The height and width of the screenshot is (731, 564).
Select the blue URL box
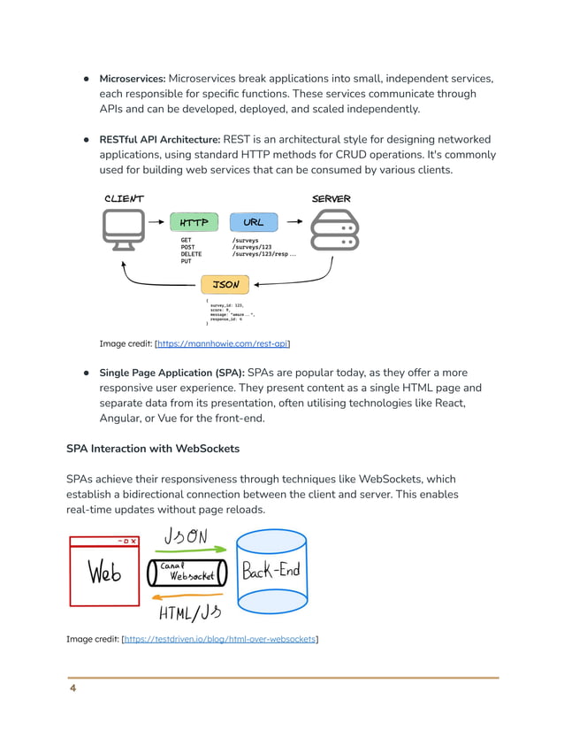coord(254,223)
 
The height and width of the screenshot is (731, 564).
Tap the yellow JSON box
coord(225,285)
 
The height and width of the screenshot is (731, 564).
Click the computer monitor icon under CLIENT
coord(123,228)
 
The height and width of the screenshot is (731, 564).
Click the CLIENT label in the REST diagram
coord(124,199)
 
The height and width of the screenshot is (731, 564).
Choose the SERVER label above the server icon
coord(332,199)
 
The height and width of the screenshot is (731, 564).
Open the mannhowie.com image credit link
coord(223,343)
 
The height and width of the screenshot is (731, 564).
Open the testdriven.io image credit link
coord(220,639)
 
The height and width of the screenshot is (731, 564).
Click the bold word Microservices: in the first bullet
coord(133,79)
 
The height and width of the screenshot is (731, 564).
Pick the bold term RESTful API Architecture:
coord(159,140)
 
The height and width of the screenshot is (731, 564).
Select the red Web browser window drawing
coord(103,571)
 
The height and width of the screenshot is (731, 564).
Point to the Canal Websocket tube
coord(187,573)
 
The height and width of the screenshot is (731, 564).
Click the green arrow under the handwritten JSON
coord(185,549)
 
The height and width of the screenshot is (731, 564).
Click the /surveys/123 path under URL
coord(251,247)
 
